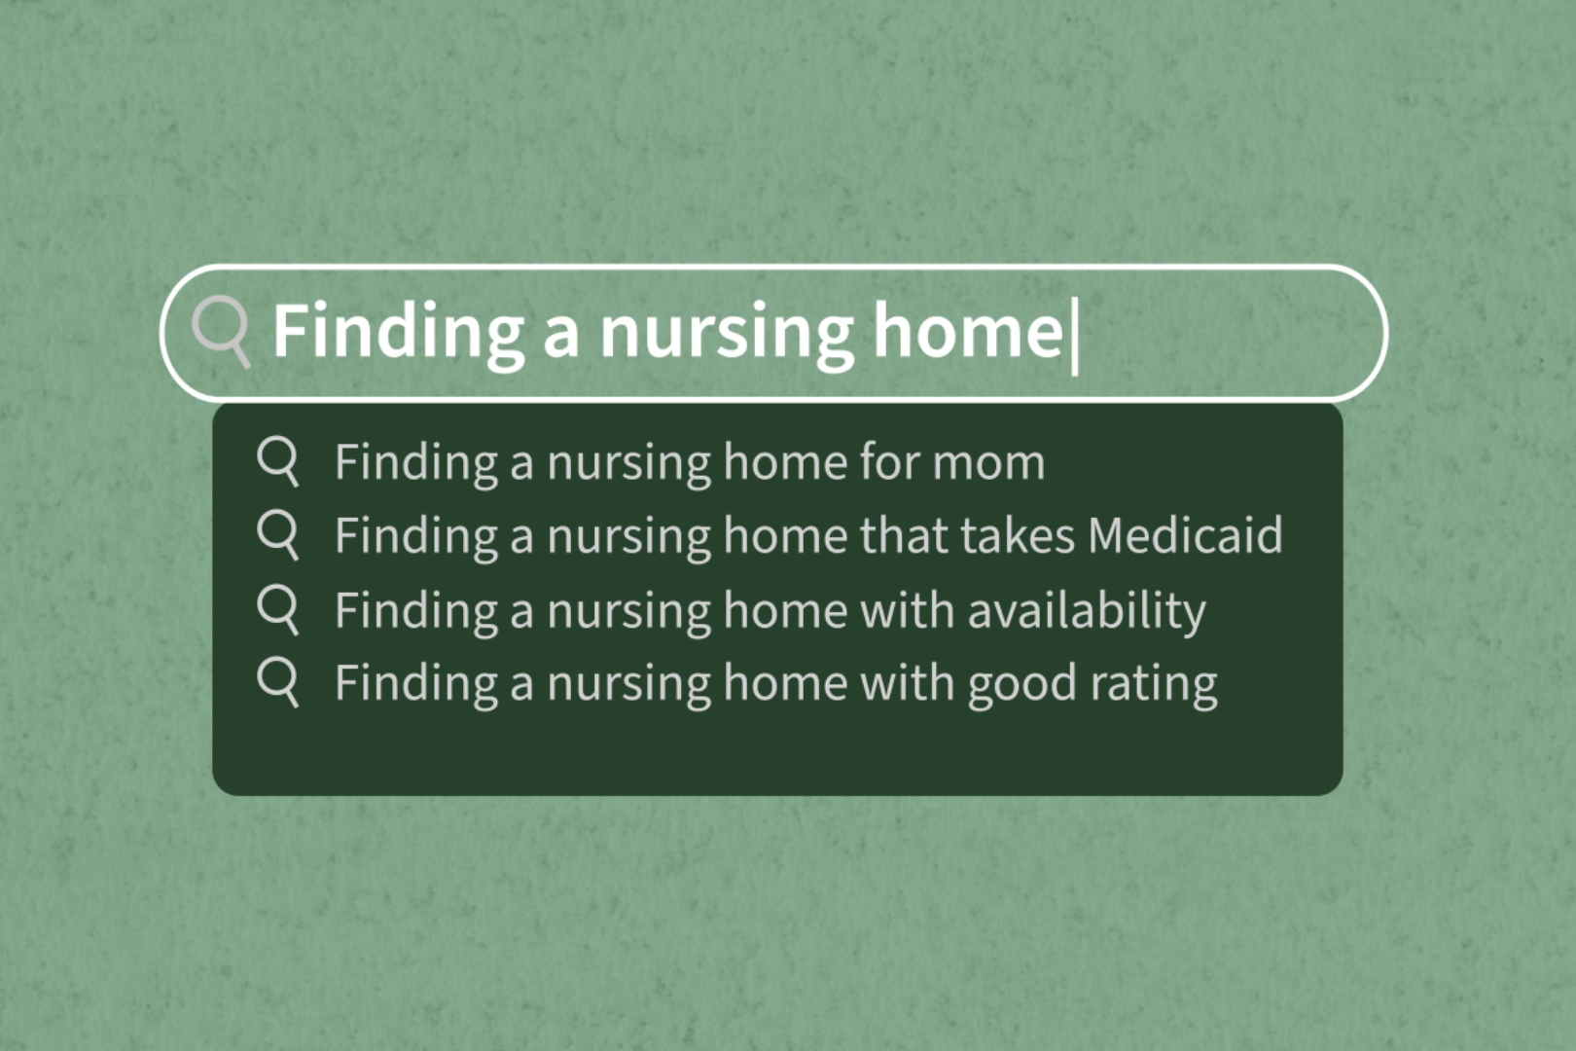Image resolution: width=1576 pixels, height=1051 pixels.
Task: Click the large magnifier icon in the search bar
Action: (220, 329)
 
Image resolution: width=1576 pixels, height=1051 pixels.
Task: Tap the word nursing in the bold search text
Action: (726, 332)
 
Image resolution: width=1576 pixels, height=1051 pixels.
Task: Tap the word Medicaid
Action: (1185, 535)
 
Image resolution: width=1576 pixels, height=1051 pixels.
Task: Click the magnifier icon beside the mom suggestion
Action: (277, 459)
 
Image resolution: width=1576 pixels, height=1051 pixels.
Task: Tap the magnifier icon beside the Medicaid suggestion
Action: (277, 533)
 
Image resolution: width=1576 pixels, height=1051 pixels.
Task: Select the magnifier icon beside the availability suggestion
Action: (277, 608)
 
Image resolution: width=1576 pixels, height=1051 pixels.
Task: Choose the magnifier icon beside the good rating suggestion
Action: (277, 681)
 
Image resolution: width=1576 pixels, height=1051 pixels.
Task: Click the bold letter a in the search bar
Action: (561, 334)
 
